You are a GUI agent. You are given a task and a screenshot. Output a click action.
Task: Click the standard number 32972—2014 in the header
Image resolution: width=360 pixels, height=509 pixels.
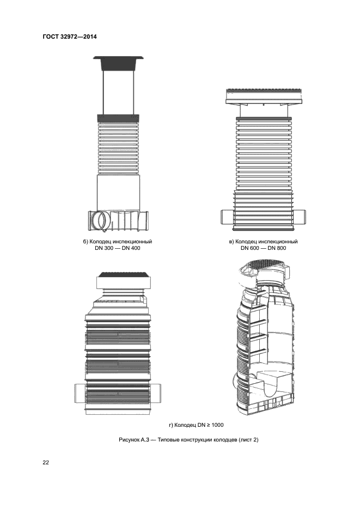[78, 36]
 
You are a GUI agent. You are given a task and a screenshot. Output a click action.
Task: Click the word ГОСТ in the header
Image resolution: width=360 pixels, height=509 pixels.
[50, 36]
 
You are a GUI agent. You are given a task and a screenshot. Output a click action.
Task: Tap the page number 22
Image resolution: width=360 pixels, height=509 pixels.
[46, 463]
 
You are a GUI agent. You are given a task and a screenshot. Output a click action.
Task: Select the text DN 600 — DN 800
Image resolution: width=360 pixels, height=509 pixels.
[263, 248]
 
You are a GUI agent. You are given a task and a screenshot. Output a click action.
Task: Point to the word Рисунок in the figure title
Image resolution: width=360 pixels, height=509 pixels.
[129, 440]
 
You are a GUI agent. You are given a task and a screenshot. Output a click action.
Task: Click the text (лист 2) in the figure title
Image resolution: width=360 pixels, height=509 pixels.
[248, 440]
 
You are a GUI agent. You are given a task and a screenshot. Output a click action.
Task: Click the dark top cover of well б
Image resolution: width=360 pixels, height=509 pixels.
[118, 63]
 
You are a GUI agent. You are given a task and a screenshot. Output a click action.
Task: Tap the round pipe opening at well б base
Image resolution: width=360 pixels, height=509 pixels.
[100, 220]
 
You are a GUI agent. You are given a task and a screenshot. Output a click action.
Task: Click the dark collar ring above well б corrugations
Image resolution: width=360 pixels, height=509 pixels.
[118, 118]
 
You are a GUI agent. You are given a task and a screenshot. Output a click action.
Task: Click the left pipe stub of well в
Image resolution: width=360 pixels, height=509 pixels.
[227, 217]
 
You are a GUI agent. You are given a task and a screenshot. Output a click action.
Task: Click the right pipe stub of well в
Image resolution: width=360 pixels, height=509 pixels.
[300, 217]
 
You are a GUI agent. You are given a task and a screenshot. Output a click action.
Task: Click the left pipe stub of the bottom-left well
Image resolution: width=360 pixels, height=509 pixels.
[80, 393]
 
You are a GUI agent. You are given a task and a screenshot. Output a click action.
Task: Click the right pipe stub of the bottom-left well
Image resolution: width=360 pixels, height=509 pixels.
[155, 393]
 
